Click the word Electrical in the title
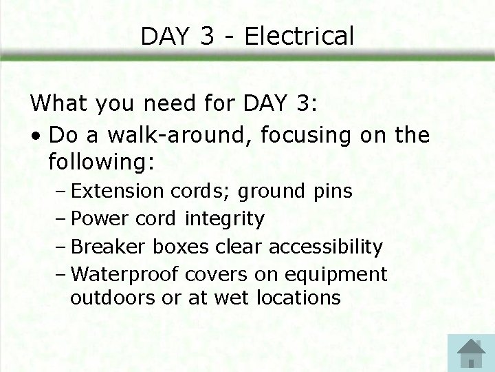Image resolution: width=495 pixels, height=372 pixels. pos(299,36)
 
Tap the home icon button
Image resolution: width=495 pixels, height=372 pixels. pos(470,353)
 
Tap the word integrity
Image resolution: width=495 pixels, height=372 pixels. pos(224,218)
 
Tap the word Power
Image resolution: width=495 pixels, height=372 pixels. pos(100,218)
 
